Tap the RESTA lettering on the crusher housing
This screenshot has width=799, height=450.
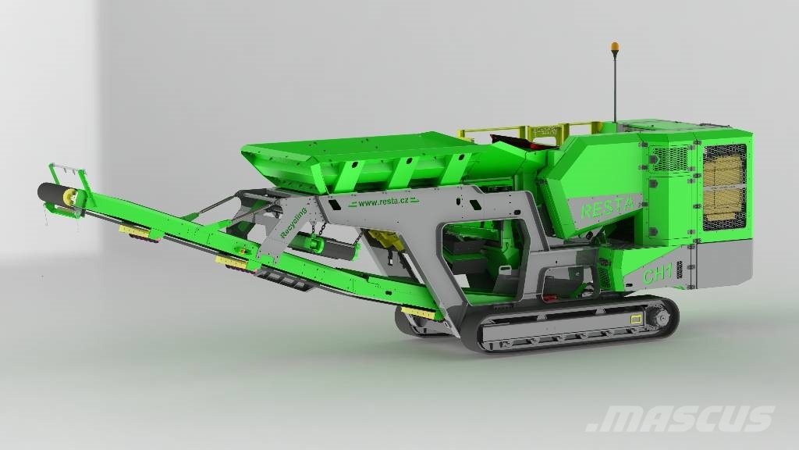click(607, 207)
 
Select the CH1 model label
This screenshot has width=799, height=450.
click(658, 273)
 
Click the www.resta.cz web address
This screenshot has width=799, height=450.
click(383, 202)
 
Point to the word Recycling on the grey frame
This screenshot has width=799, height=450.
click(293, 223)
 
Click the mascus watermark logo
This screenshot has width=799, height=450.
click(680, 419)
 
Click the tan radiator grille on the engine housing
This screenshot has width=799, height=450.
click(723, 187)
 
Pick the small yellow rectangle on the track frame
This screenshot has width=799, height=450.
click(636, 320)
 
